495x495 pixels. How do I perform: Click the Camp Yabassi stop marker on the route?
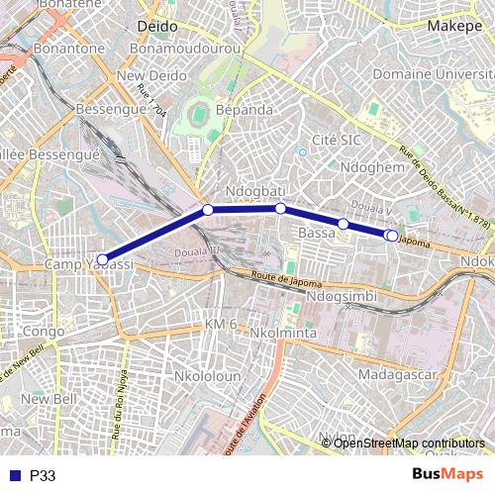coord(102,259)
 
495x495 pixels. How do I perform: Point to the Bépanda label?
coord(245,110)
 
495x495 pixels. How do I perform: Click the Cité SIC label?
coord(337,140)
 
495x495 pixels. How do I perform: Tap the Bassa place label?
coord(317,233)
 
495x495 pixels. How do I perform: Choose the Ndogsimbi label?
coord(342,296)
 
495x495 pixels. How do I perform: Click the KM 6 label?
coord(221,325)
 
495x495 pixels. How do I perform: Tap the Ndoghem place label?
coord(372,168)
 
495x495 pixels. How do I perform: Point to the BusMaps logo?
coord(447,474)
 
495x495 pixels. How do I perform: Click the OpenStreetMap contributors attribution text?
coord(409,444)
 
